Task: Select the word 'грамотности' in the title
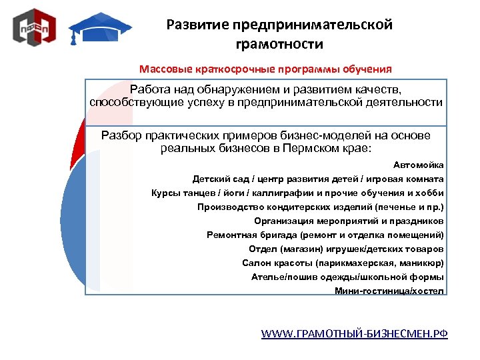point(279,45)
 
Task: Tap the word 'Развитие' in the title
point(197,25)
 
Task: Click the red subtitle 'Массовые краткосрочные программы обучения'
point(265,69)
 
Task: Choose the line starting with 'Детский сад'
point(318,179)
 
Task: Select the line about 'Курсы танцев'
point(297,193)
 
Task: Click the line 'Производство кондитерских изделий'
point(321,207)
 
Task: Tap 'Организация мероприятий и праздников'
point(349,221)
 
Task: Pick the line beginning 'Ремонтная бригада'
point(325,235)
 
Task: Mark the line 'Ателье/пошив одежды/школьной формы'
point(347,277)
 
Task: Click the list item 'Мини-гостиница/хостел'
point(389,291)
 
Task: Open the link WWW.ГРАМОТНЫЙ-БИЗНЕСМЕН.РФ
point(354,333)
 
